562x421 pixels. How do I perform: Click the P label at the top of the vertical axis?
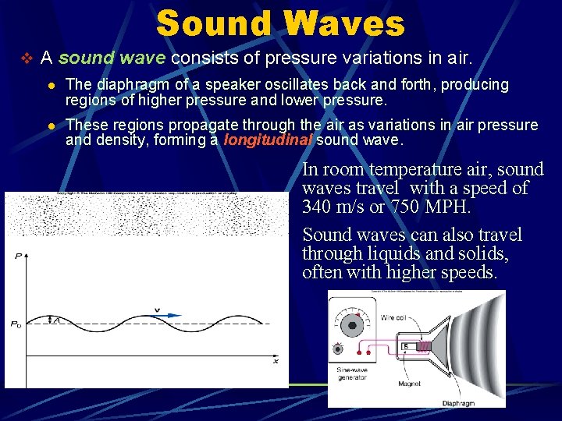coord(18,256)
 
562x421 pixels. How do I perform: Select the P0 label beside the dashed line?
coord(16,324)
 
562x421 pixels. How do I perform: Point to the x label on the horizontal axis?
coord(275,361)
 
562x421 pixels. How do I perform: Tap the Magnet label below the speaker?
coord(409,384)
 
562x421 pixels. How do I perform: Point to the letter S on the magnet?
coord(405,345)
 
